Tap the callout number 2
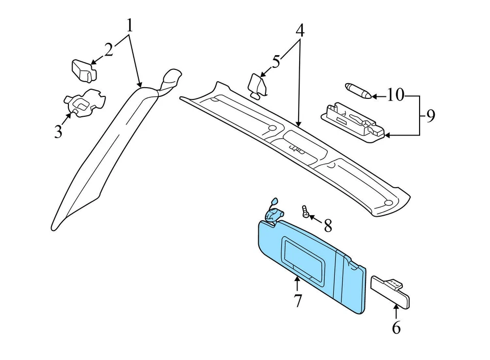tap(109, 49)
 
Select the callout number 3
tap(58, 132)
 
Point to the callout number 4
tap(300, 31)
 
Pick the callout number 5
tap(276, 62)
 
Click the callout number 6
tap(396, 327)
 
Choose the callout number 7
tap(298, 301)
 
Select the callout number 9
tap(430, 117)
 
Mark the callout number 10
tap(395, 95)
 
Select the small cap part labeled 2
tap(83, 70)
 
